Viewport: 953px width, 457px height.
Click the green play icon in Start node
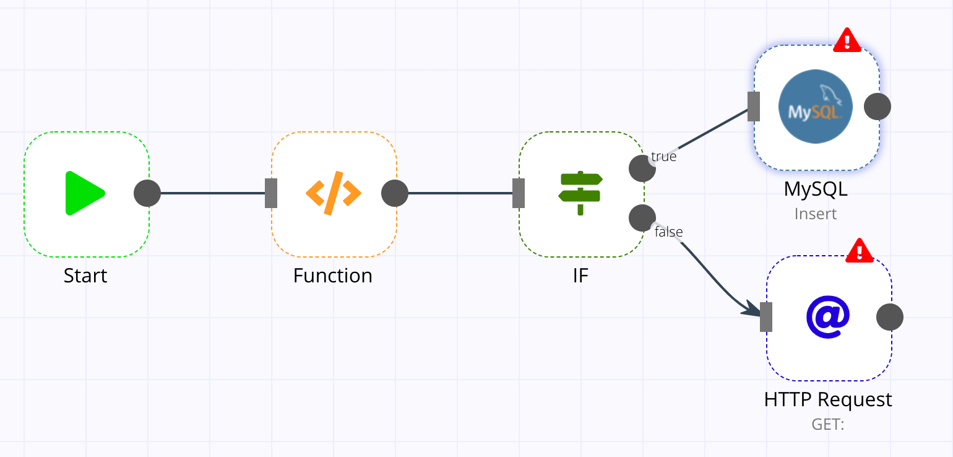[85, 193]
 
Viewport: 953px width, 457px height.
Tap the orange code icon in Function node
[333, 193]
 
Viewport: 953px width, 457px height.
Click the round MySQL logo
[815, 107]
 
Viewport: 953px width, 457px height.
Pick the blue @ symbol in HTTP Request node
[828, 317]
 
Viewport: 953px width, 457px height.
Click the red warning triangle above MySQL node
[847, 41]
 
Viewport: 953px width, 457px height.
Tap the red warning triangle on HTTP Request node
[860, 251]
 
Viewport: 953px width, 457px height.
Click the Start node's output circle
[147, 193]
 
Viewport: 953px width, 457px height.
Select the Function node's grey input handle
[271, 193]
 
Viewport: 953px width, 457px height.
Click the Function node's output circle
[395, 193]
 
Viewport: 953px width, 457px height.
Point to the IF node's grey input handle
[519, 193]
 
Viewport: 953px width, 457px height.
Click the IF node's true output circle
[642, 168]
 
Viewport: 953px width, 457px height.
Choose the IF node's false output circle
[642, 217]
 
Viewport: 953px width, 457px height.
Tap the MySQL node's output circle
[878, 107]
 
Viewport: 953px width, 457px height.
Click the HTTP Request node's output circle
[890, 317]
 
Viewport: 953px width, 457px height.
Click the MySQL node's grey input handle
[754, 107]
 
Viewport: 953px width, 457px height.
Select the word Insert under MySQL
[816, 214]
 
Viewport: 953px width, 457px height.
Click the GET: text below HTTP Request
[828, 424]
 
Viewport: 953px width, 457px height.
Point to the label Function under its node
[333, 276]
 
